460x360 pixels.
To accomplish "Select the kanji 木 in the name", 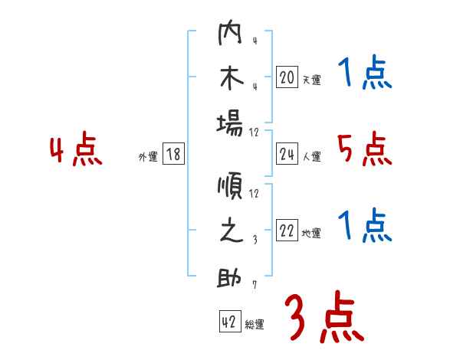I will [x=231, y=78].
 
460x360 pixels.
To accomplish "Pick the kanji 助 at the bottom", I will [x=231, y=278].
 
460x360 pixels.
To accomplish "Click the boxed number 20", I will [x=287, y=77].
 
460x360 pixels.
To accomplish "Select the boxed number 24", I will [x=287, y=155].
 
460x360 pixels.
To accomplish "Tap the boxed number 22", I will [x=287, y=231].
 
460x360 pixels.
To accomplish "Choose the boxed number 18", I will [x=173, y=155].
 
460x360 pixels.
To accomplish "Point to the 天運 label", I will [x=311, y=80].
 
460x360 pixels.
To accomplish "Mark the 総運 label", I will [x=255, y=324].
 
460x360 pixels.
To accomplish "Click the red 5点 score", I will [x=364, y=150].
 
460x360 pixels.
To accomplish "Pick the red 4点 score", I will [x=76, y=150].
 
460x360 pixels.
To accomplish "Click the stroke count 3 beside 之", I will [x=254, y=238].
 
